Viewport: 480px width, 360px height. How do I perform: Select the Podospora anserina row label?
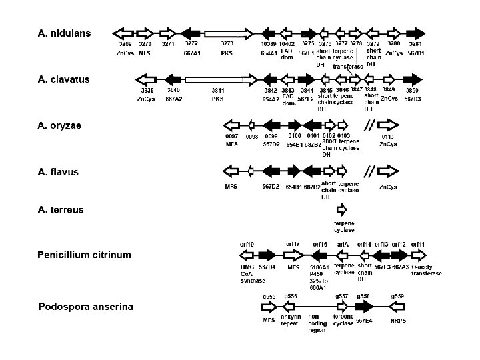coord(86,307)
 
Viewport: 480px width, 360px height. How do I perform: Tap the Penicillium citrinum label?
coord(85,255)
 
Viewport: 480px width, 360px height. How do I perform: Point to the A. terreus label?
coord(61,209)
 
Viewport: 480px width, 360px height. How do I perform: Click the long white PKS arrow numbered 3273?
coord(229,33)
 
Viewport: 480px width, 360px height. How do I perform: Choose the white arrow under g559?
coord(397,307)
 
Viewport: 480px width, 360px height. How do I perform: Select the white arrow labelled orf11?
coord(419,255)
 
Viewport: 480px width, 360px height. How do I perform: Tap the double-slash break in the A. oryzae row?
coord(367,125)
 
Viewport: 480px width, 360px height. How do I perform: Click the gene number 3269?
coord(125,43)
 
